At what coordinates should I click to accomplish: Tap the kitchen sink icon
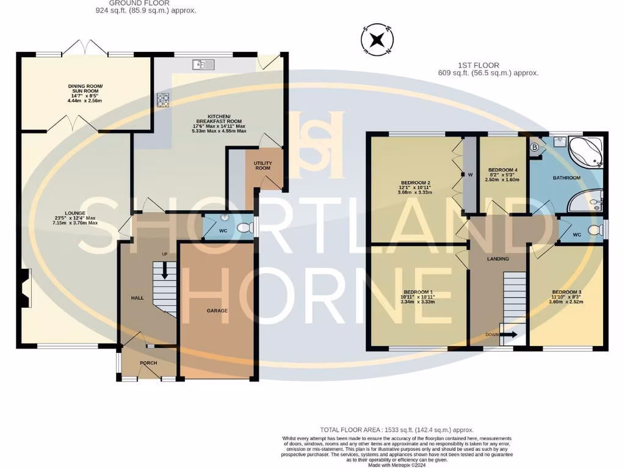[x=201, y=64]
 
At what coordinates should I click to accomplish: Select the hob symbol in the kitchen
[x=164, y=99]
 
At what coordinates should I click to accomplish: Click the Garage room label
[x=217, y=310]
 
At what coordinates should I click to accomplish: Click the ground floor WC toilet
[x=244, y=228]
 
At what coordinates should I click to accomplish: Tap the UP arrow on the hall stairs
[x=164, y=271]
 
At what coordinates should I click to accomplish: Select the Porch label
[x=148, y=363]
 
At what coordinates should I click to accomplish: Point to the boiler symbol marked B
[x=534, y=147]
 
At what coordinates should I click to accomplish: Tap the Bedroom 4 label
[x=503, y=170]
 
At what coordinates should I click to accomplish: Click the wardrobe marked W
[x=470, y=175]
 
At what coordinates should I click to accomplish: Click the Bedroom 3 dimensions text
[x=567, y=301]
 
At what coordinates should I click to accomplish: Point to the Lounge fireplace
[x=24, y=289]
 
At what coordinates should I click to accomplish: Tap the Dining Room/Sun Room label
[x=85, y=89]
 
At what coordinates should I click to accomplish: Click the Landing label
[x=497, y=259]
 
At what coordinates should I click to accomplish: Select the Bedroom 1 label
[x=416, y=291]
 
